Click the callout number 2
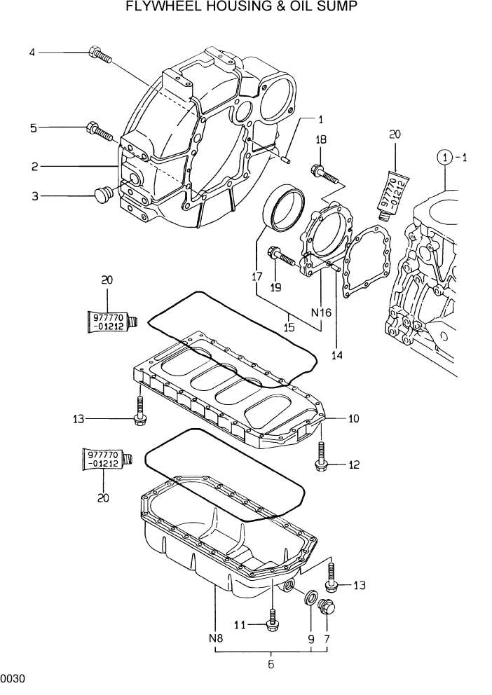coord(33,166)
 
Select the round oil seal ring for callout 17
coord(283,207)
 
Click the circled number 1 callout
coord(444,158)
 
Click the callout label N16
coord(320,313)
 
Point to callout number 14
coord(337,355)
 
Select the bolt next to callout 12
coord(321,460)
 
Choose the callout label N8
coord(215,638)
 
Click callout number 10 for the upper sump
coord(353,419)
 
